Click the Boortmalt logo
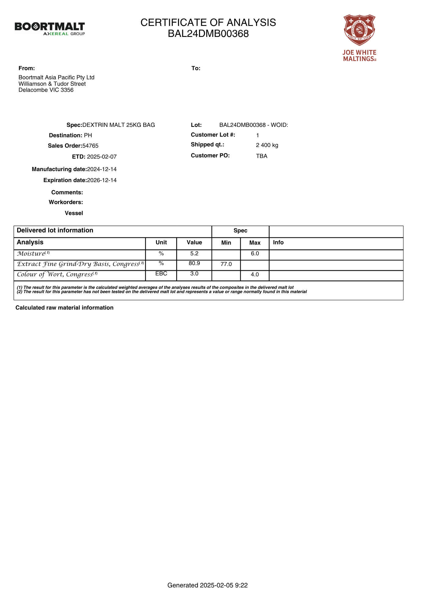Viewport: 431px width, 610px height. [x=50, y=29]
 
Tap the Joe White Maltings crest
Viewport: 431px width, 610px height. [x=359, y=30]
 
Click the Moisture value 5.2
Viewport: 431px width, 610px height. [x=194, y=253]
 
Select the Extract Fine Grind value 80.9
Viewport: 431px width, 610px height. [x=194, y=263]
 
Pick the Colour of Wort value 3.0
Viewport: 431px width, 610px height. [x=194, y=274]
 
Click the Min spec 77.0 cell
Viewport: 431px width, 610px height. [x=226, y=264]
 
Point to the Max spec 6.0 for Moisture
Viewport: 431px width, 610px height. [x=255, y=253]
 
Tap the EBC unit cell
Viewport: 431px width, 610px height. [x=161, y=274]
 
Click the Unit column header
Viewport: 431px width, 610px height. [x=161, y=242]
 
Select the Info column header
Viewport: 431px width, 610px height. [x=278, y=242]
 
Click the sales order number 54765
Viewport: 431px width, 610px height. [x=91, y=146]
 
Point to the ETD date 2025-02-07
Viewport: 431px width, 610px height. [x=102, y=157]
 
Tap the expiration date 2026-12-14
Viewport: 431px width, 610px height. [x=102, y=180]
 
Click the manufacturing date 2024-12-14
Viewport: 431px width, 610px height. [x=102, y=169]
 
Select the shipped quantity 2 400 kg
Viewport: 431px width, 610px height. [x=267, y=145]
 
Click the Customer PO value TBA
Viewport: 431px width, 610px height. [x=262, y=156]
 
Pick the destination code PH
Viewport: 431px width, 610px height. [x=88, y=135]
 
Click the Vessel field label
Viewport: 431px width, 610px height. [x=74, y=213]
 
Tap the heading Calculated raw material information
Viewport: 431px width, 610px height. [x=65, y=308]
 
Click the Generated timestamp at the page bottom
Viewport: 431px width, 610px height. [x=208, y=585]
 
